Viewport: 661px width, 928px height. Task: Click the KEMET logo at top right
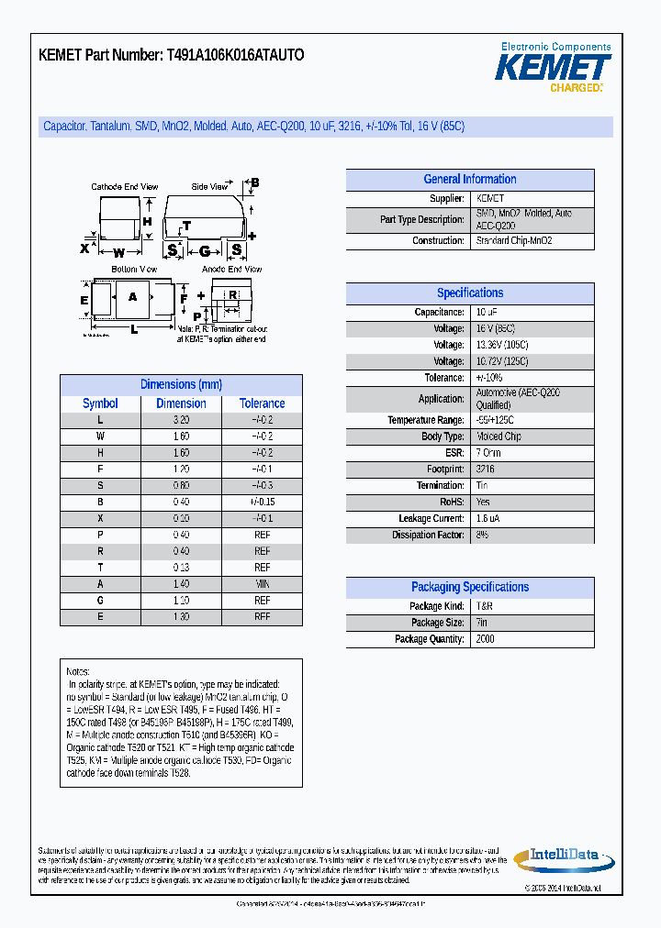(x=554, y=67)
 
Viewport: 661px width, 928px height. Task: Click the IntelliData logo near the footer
(x=564, y=856)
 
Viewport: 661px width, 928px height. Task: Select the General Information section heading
(x=470, y=180)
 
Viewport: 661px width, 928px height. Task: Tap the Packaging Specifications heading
(x=470, y=587)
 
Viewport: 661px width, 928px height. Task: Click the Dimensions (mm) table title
(x=181, y=385)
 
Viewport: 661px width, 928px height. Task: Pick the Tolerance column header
(x=263, y=403)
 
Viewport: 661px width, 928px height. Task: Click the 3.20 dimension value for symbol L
(x=181, y=420)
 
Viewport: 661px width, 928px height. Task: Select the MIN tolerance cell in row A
(x=263, y=584)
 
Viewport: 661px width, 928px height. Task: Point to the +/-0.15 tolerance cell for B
(x=263, y=503)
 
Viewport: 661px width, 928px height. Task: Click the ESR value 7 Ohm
(x=488, y=453)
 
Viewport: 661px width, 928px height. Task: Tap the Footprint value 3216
(x=485, y=470)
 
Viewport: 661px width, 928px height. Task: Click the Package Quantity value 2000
(x=485, y=639)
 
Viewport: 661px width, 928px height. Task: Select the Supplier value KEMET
(x=490, y=199)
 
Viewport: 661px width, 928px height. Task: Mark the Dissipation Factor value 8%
(x=482, y=535)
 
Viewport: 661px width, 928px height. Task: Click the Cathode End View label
(x=125, y=187)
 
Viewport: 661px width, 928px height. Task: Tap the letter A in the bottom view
(x=132, y=297)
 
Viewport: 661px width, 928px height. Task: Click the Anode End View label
(x=231, y=270)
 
